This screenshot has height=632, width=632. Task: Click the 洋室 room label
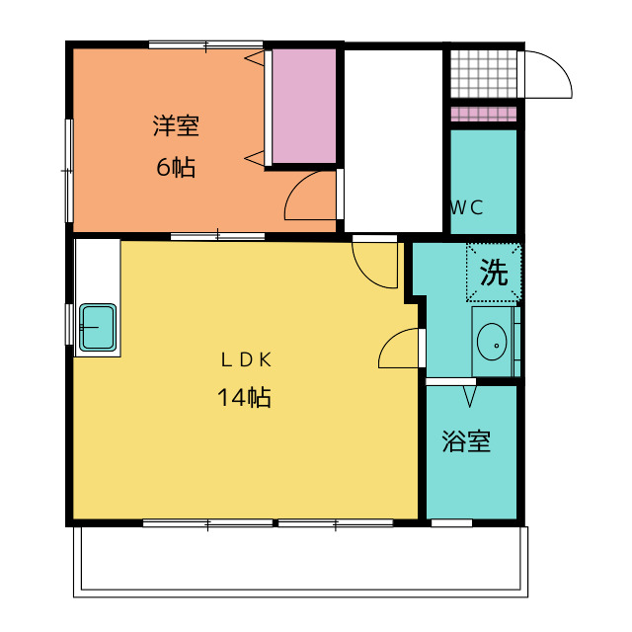click(x=176, y=126)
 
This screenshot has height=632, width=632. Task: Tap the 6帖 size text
click(x=176, y=167)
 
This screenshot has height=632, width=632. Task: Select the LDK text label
click(x=246, y=359)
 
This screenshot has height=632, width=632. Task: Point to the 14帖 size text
click(x=244, y=397)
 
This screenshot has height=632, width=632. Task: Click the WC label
click(x=466, y=208)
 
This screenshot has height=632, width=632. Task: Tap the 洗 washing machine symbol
click(x=494, y=273)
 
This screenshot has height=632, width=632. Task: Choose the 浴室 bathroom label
click(x=466, y=441)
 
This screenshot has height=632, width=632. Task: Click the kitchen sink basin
click(x=98, y=327)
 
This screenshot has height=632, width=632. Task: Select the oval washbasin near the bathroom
click(x=492, y=342)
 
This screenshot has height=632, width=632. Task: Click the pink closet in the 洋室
click(x=304, y=106)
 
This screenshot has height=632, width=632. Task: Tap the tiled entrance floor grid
click(x=483, y=74)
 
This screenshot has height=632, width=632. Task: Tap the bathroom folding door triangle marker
click(x=470, y=396)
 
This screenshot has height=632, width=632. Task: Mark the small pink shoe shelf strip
click(x=483, y=115)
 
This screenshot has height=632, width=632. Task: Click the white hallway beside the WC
click(x=393, y=141)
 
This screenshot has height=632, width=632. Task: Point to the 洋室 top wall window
click(x=206, y=44)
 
